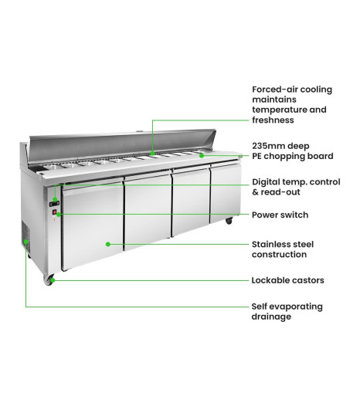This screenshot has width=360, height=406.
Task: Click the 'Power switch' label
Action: [x=280, y=215]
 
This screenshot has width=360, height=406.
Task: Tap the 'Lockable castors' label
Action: [x=287, y=280]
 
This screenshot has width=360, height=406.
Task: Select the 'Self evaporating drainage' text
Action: [x=287, y=312]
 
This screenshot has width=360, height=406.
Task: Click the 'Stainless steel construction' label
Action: [x=283, y=249]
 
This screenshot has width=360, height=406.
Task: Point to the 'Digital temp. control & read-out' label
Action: [x=296, y=187]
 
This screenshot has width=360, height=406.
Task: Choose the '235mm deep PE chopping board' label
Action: [x=293, y=151]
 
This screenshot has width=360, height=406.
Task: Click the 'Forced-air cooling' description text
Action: [x=292, y=105]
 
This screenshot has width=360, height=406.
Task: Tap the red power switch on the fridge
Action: [x=55, y=212]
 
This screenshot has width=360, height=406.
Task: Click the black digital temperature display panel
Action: [x=54, y=204]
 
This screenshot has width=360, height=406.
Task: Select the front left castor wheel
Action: [x=49, y=279]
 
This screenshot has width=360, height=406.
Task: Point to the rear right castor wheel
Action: [x=229, y=221]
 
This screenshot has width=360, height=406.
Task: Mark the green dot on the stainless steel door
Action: [x=108, y=244]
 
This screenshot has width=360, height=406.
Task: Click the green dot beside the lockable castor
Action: [x=53, y=280]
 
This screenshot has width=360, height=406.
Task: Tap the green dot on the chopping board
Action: [x=202, y=156]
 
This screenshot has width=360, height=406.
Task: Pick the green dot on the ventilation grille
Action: [x=26, y=242]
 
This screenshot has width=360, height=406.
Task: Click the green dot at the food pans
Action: [x=152, y=154]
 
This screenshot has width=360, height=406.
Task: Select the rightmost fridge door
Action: [x=225, y=191]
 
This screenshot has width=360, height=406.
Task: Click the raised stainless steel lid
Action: [x=122, y=144]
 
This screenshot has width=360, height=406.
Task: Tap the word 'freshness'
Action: [x=273, y=120]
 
